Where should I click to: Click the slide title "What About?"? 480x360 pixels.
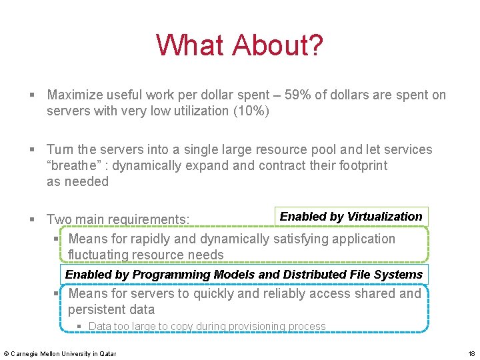[x=239, y=45]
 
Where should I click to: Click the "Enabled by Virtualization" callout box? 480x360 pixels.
[x=351, y=217]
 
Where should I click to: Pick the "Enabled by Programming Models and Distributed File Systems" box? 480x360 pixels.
[x=244, y=275]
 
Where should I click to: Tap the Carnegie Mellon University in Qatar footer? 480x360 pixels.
[x=60, y=353]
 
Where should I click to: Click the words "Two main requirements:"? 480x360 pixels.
[x=118, y=219]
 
